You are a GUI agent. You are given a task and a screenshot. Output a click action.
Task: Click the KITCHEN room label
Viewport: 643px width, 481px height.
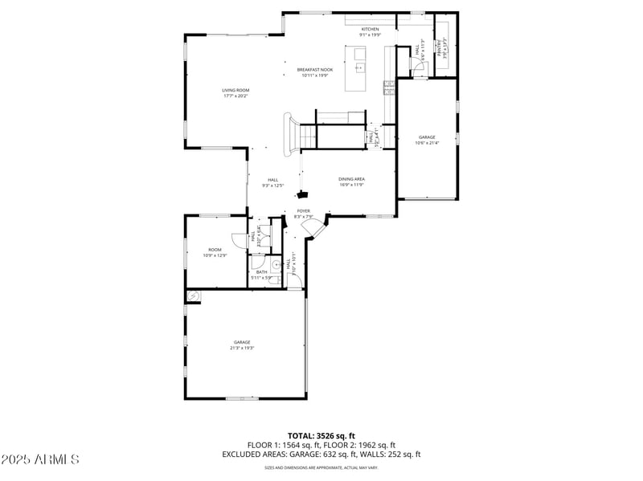click(x=370, y=29)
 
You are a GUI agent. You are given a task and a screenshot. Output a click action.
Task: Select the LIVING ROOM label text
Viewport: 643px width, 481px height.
click(x=235, y=90)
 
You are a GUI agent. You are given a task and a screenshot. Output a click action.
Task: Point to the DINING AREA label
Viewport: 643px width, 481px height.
click(x=351, y=179)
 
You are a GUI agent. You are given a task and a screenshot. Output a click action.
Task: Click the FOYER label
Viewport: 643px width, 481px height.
click(x=303, y=211)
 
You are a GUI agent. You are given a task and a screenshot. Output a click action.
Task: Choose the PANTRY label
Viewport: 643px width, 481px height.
click(x=440, y=48)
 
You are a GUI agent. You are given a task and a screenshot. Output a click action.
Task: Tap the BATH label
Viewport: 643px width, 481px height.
click(x=262, y=271)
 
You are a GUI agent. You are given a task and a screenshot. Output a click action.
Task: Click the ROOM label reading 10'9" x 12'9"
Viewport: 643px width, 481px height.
click(x=215, y=250)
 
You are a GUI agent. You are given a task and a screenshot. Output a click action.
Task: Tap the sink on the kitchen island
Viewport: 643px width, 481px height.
click(x=358, y=67)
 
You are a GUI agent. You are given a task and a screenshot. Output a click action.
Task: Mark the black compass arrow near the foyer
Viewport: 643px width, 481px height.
click(x=302, y=194)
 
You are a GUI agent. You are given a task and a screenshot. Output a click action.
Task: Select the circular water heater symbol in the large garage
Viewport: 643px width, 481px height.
click(x=192, y=296)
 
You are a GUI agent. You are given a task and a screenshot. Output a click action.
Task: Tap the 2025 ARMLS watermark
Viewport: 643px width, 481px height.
click(x=40, y=460)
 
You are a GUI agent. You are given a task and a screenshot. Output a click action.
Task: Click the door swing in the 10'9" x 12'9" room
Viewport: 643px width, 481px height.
click(x=236, y=240)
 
